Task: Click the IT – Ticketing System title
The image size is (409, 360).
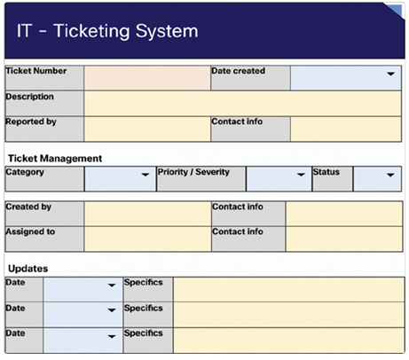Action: point(107,31)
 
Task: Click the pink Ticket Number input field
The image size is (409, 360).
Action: point(147,78)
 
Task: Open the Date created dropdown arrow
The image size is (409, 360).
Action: point(390,74)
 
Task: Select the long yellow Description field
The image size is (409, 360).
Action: point(242,104)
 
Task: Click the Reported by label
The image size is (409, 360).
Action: point(31,121)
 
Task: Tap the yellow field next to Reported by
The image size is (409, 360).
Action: point(147,129)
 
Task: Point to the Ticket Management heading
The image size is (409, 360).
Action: point(55,159)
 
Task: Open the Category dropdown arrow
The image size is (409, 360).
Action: point(146,175)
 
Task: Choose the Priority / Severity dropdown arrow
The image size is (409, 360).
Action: point(301,175)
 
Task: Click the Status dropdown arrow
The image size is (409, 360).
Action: point(390,175)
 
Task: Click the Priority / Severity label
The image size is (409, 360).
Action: point(193,172)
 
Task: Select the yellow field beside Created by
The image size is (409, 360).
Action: point(147,214)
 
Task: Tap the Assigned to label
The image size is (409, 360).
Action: point(30,231)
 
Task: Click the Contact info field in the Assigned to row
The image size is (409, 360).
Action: point(344,239)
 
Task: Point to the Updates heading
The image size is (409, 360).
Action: point(28,269)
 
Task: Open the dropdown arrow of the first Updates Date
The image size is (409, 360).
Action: point(112,286)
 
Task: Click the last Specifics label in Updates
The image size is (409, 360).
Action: point(144,333)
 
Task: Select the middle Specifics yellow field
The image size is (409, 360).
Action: point(288,315)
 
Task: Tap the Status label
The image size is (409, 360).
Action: point(326,172)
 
